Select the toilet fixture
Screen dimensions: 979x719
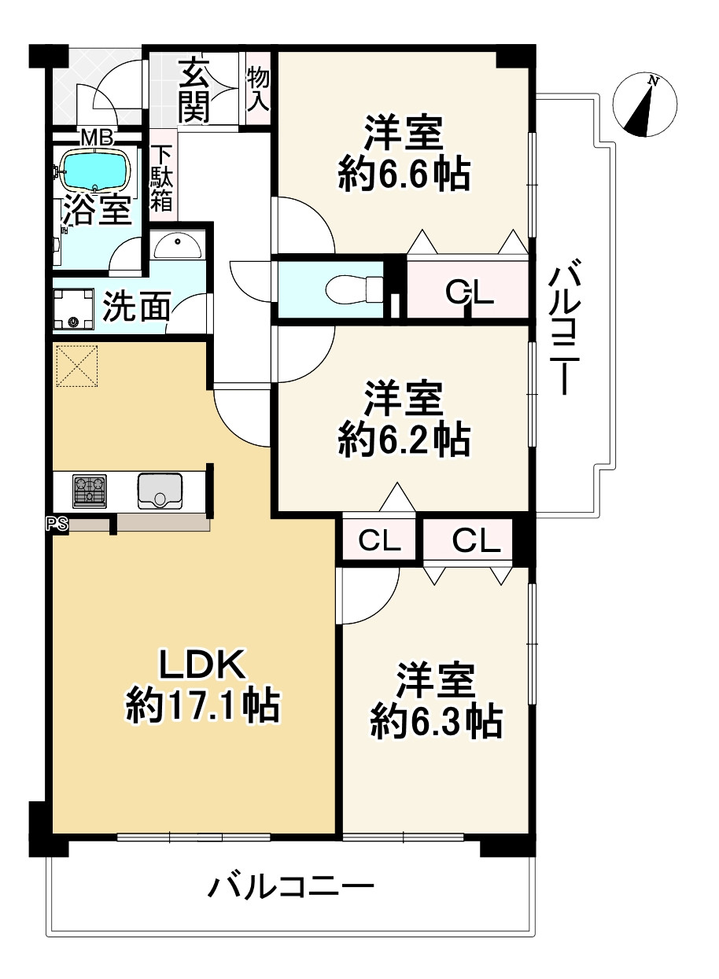point(351,287)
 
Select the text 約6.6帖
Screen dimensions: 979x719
point(404,175)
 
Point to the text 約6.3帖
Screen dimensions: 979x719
point(436,720)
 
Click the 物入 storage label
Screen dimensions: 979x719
point(258,88)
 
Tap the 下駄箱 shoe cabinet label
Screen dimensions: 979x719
point(162,179)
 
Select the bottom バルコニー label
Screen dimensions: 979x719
point(290,889)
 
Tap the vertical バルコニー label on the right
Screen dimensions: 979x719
point(564,330)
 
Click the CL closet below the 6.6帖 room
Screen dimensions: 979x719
point(469,293)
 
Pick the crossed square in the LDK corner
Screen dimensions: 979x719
point(77,367)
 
